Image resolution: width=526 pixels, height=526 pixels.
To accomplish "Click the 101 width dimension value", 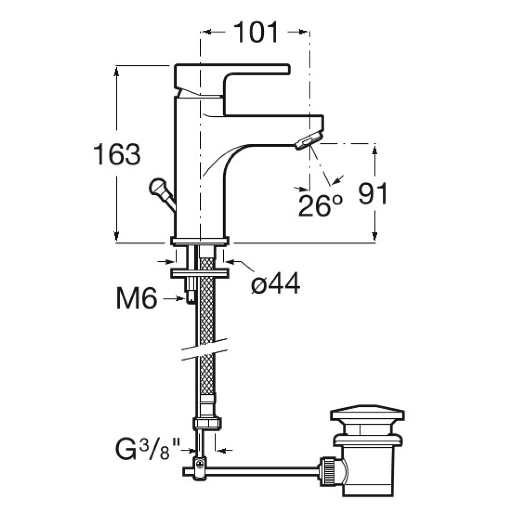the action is click(256, 32).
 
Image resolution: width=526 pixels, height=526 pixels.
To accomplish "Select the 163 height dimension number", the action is click(117, 154).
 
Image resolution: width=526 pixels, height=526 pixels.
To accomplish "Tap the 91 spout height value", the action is click(372, 194).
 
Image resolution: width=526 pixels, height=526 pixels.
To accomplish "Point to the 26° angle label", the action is click(320, 206).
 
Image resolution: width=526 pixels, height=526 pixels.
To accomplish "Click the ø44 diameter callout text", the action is click(275, 284).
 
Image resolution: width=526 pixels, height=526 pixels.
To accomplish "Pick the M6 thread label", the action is click(136, 299).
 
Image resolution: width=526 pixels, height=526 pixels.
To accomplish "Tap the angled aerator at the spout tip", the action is click(309, 140).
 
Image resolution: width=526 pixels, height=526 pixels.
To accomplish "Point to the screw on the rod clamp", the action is click(200, 463).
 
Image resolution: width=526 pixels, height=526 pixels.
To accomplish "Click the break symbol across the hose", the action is click(205, 350).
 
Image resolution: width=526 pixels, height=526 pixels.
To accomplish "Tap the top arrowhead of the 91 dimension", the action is click(374, 151).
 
